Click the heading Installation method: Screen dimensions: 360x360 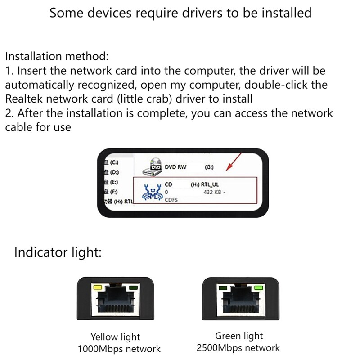point(57,57)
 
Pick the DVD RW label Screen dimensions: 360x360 point(175,167)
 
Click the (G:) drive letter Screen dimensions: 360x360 point(209,167)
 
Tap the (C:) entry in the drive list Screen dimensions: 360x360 point(112,162)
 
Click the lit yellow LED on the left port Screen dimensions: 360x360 point(97,287)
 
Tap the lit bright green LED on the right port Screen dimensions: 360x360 point(258,287)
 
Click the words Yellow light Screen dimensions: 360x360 point(115,337)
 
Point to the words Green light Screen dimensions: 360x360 point(239,336)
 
